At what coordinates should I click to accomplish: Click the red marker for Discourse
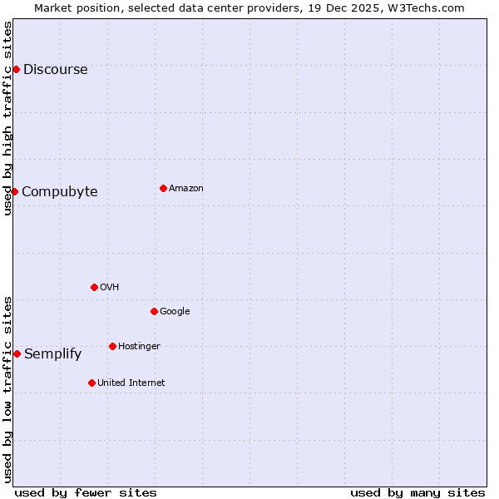(16, 69)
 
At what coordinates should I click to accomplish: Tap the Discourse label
(55, 70)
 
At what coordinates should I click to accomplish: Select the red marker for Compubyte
(14, 191)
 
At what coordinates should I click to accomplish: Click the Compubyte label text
(59, 192)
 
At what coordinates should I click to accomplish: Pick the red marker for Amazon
(163, 188)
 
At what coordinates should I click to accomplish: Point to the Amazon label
(185, 189)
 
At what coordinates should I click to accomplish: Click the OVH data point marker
(94, 287)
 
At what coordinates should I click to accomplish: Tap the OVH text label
(109, 288)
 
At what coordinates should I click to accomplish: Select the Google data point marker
(154, 311)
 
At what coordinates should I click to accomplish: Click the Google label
(175, 312)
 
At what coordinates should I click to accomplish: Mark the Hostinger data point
(112, 346)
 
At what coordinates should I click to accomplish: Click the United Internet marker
(91, 383)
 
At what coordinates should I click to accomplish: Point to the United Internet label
(131, 383)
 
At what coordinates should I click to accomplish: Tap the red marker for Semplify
(17, 353)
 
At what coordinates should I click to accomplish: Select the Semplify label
(52, 354)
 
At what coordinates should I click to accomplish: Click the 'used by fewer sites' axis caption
(86, 492)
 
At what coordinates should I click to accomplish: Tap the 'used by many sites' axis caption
(417, 492)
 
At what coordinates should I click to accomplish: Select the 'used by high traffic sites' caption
(7, 118)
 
